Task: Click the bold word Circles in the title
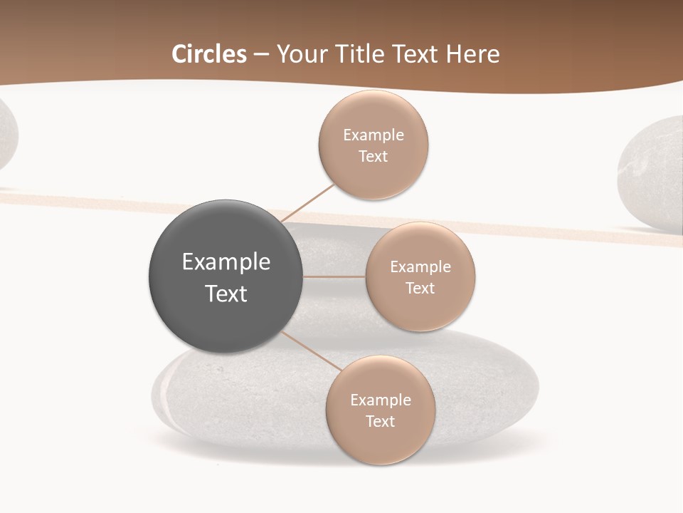click(209, 54)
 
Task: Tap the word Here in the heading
click(472, 54)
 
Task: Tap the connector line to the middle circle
click(334, 276)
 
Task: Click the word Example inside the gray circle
click(226, 262)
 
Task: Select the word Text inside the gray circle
click(226, 294)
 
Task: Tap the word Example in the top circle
click(374, 135)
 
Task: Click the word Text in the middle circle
click(420, 288)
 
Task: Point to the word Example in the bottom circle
click(381, 400)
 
